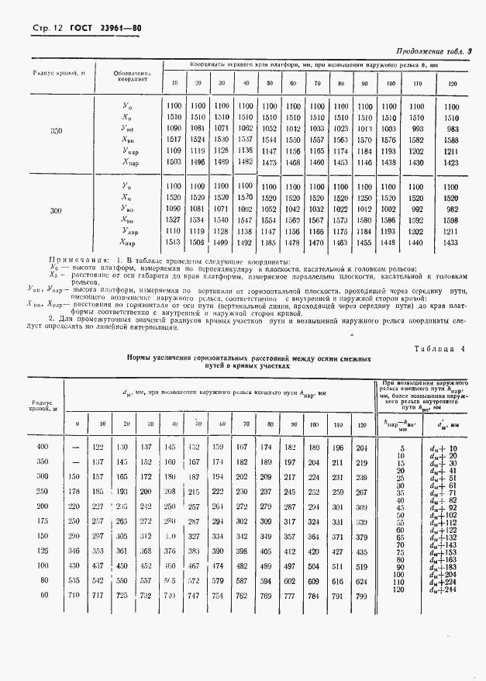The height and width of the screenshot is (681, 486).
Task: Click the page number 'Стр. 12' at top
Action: (47, 29)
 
